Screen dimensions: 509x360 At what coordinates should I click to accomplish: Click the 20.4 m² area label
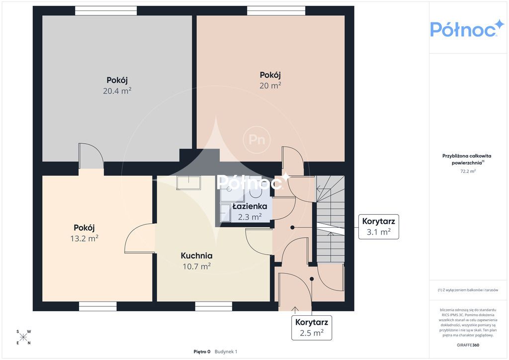tap(117, 91)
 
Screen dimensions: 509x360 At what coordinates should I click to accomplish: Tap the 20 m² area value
tap(270, 86)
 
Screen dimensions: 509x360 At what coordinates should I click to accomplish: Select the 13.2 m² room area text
tap(85, 239)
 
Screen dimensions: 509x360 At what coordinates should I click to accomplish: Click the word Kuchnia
tap(197, 256)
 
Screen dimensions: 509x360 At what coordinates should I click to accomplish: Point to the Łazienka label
tap(250, 206)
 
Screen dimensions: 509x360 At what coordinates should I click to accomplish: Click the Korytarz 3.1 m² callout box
tap(378, 227)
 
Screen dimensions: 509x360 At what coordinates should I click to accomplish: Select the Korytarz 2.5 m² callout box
tap(312, 328)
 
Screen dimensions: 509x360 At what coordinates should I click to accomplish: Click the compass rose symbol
tap(23, 337)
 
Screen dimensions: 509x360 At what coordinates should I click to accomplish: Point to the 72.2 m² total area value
tap(468, 172)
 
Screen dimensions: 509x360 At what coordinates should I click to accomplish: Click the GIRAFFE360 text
tap(468, 345)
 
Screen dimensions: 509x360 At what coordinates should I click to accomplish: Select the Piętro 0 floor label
tap(202, 352)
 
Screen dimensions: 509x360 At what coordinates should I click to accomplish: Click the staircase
tap(331, 219)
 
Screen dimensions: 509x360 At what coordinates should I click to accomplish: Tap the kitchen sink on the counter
tap(188, 183)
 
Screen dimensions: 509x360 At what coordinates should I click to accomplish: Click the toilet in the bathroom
tap(256, 191)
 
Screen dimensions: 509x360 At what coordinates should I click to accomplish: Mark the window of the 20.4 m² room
tap(106, 11)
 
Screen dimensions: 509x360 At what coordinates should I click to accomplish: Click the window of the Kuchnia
tap(214, 306)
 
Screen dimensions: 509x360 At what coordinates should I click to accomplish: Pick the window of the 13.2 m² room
tap(98, 306)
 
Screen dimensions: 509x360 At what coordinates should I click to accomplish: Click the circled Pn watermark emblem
tap(257, 140)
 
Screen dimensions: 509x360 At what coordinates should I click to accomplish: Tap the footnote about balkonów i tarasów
tap(468, 290)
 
